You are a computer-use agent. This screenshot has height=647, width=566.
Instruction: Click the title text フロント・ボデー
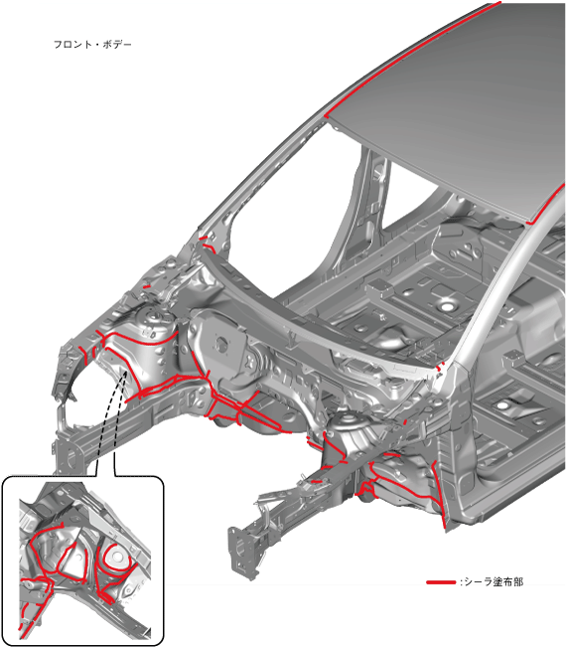point(92,44)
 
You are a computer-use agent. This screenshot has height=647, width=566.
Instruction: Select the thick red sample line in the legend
point(441,582)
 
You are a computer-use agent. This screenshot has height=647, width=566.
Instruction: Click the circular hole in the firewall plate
point(221,342)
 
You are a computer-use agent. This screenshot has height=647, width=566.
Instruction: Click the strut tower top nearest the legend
point(349,422)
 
